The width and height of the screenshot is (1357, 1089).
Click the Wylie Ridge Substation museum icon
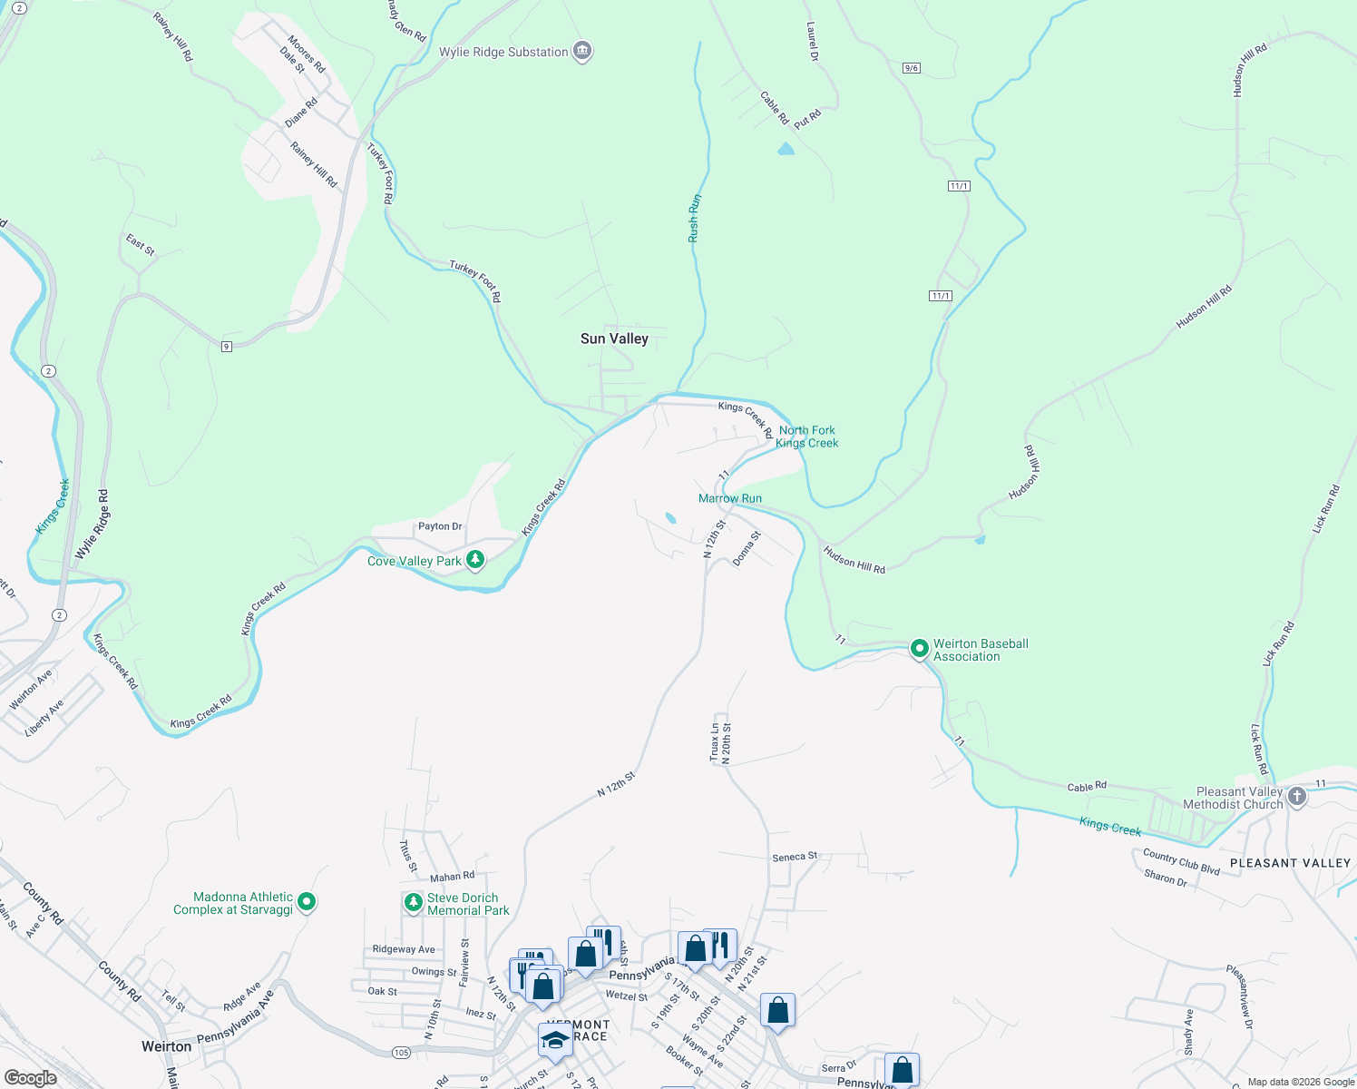582,52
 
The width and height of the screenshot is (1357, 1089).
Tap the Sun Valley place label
614,338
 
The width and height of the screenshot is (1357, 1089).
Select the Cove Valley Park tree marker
474,560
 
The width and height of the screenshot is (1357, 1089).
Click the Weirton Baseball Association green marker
919,649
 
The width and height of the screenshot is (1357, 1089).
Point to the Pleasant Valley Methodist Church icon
1296,797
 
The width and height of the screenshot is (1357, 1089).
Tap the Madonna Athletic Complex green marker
307,902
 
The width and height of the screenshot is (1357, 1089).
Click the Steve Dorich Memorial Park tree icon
413,903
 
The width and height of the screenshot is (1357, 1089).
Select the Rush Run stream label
694,219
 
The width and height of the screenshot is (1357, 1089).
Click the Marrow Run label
730,498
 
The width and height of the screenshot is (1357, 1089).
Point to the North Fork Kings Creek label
806,437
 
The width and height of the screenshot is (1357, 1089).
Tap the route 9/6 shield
912,68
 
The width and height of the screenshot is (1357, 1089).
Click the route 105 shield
402,1052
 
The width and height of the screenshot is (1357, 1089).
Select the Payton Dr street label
440,526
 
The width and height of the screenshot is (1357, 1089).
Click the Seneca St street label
795,857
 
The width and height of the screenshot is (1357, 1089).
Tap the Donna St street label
747,549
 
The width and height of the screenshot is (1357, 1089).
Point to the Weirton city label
166,1046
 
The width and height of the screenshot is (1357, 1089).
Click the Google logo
31,1077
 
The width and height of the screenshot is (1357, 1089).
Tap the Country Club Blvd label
1181,862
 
